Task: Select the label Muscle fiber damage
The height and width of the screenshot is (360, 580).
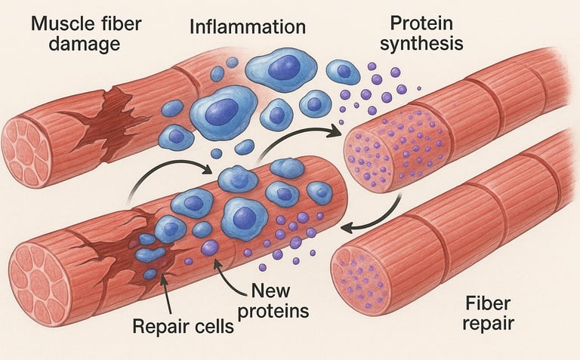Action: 75,34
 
